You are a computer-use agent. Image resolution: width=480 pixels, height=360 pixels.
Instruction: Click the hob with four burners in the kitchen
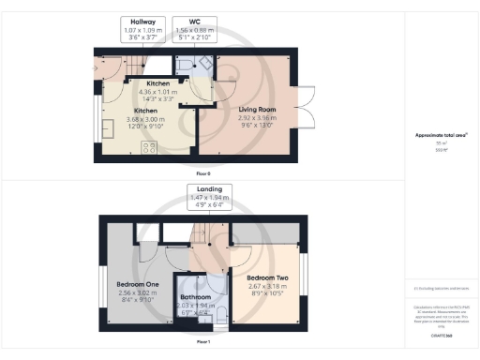point(150,146)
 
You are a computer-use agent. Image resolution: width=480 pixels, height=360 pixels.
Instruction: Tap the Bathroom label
point(196,297)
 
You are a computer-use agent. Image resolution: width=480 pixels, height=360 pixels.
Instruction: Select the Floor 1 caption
point(202,342)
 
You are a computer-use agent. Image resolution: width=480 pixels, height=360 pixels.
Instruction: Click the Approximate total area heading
point(434,135)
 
